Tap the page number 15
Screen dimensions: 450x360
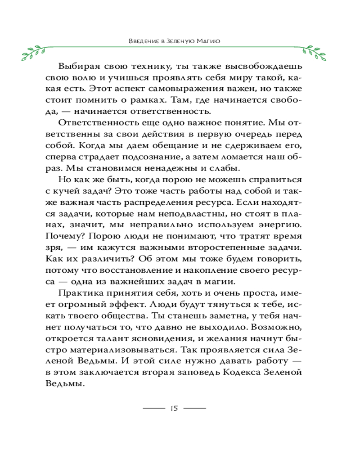pos(174,408)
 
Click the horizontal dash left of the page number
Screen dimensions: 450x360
pos(154,408)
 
